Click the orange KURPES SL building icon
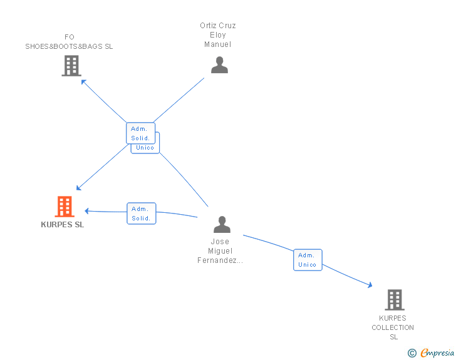[65, 207]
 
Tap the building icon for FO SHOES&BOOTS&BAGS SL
[71, 66]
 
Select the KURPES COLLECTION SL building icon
[395, 300]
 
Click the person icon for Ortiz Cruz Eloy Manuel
[219, 65]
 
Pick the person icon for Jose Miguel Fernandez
[222, 224]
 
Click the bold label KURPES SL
[63, 225]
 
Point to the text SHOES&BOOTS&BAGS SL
[69, 46]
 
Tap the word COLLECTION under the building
[393, 327]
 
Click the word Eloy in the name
[218, 35]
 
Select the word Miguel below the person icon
[220, 250]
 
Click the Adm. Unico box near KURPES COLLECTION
[308, 260]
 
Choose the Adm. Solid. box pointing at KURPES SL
[142, 213]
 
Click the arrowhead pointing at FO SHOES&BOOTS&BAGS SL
[83, 81]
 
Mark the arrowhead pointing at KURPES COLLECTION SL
[370, 285]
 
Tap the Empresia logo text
[437, 352]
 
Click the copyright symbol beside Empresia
[412, 353]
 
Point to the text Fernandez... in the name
[220, 260]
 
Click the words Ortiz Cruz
[218, 26]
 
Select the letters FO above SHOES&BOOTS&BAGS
[70, 37]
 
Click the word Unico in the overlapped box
[145, 148]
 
